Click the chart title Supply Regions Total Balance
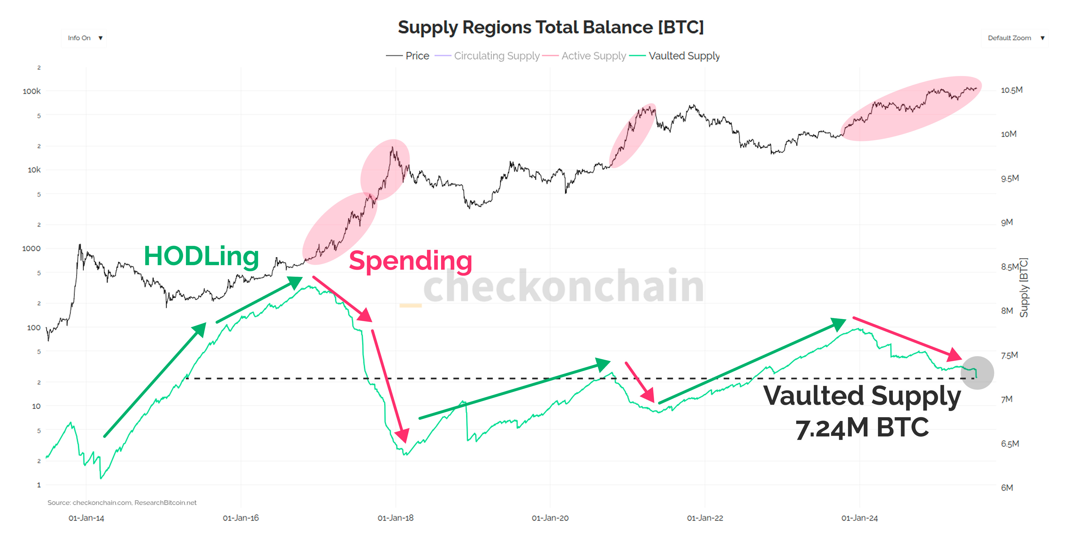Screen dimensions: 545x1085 coord(550,27)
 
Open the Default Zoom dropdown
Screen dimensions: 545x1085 coord(1015,38)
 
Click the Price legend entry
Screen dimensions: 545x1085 coord(408,56)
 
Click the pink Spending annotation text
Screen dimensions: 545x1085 coord(410,261)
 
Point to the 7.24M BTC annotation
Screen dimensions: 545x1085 coord(862,428)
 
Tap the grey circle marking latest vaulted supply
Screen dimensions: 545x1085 coord(977,373)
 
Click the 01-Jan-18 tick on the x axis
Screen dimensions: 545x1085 coord(396,518)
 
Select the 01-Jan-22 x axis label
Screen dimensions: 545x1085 coord(705,518)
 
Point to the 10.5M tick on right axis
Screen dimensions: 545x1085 coord(1011,90)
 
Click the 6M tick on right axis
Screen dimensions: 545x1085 coord(1007,488)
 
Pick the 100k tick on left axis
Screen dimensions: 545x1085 coord(32,91)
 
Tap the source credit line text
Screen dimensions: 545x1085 coord(122,502)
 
